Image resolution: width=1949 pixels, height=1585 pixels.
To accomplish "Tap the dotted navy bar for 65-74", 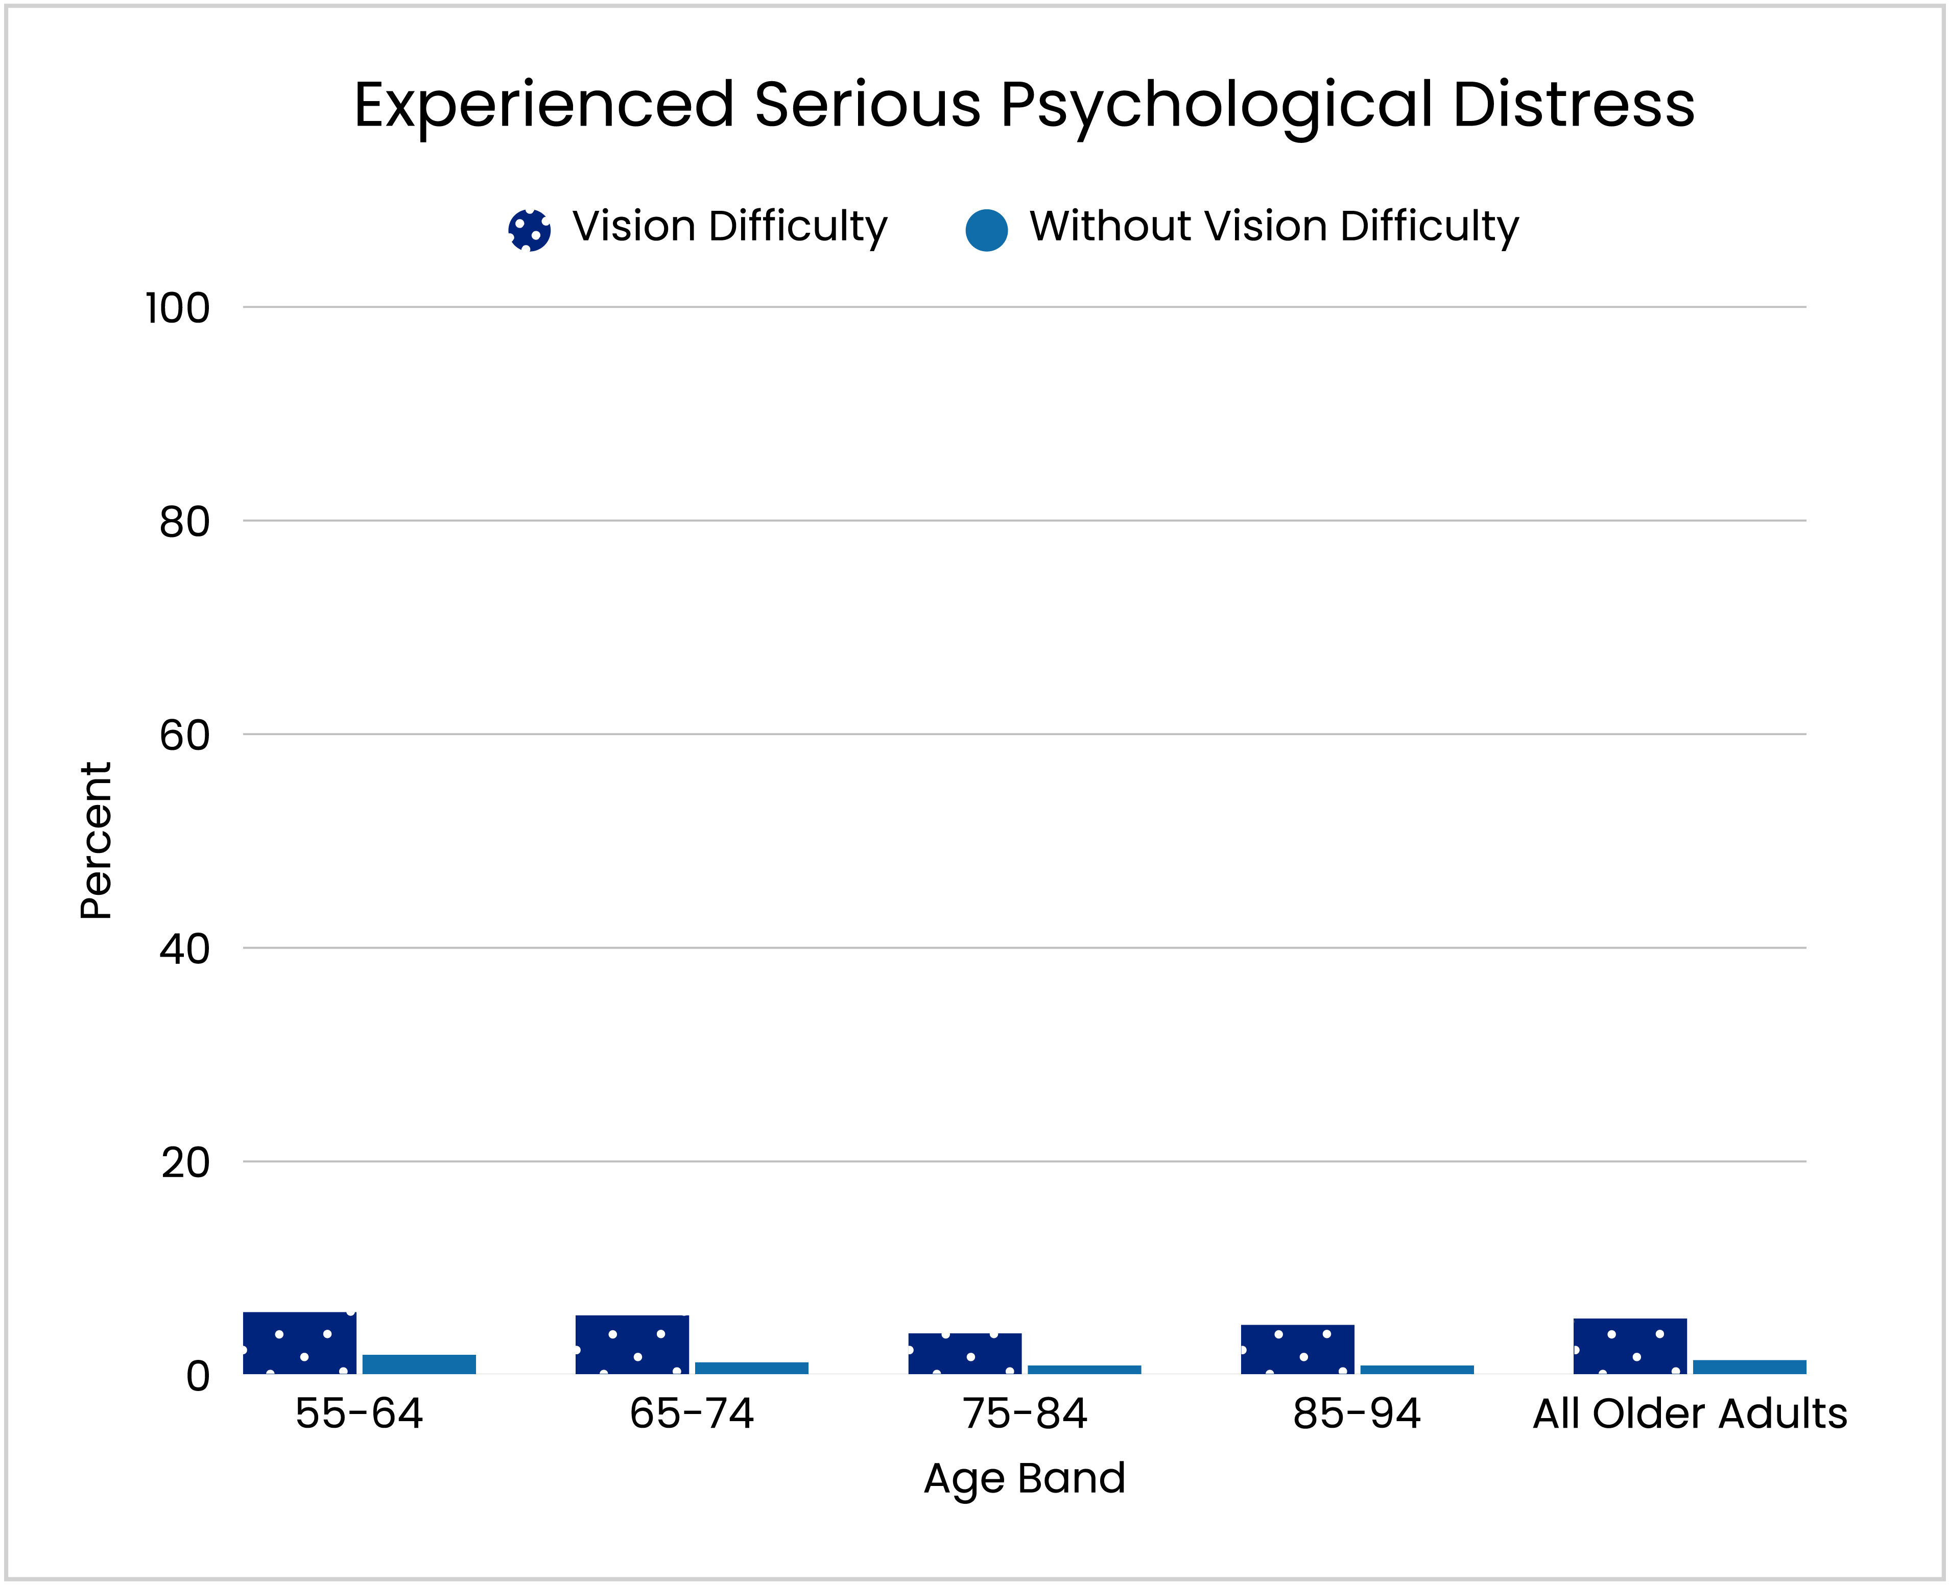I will point(632,1345).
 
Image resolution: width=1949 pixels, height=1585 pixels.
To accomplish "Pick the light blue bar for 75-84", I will point(1084,1370).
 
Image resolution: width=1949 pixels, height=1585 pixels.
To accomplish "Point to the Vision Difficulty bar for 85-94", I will point(1297,1350).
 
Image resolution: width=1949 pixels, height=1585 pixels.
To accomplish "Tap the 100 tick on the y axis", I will point(178,309).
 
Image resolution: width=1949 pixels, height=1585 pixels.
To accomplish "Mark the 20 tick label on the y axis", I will point(185,1163).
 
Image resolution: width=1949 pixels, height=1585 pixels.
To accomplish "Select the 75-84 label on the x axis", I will point(1025,1415).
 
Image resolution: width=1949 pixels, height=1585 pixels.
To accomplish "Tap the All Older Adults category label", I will point(1690,1415).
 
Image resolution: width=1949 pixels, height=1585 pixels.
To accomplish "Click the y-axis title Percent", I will point(96,840).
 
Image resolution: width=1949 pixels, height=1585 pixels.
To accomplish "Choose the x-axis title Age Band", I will point(1025,1478).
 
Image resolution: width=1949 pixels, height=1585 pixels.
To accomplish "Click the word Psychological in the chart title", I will point(1217,105).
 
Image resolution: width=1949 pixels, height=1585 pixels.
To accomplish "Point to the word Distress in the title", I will point(1574,105).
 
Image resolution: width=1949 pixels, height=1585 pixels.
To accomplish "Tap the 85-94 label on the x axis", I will point(1357,1415).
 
